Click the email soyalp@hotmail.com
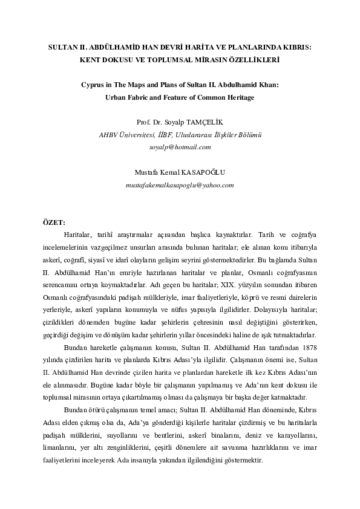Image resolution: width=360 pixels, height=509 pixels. [180, 147]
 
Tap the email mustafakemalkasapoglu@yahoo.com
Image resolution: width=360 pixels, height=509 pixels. [180, 184]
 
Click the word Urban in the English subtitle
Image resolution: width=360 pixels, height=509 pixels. [117, 98]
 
